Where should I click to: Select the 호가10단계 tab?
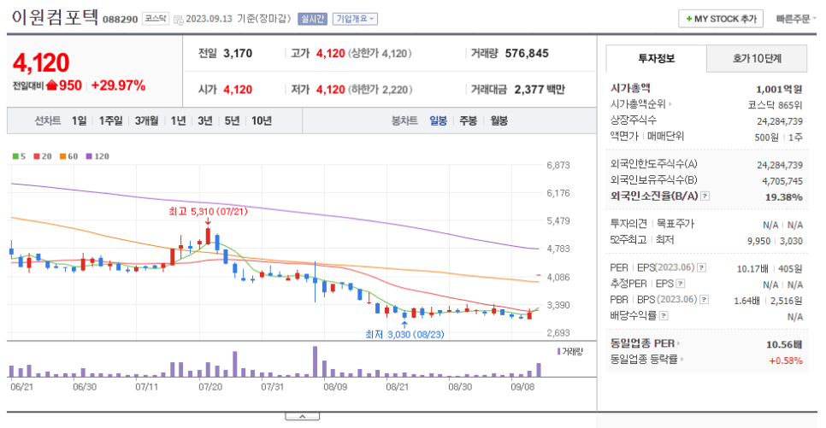(x=757, y=59)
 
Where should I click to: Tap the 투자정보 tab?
(x=656, y=59)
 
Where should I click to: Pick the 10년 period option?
(x=262, y=120)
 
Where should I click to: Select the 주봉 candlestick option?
(x=468, y=120)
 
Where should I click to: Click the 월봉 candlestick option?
(x=498, y=120)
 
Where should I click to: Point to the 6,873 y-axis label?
(x=558, y=165)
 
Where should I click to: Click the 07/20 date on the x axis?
(x=210, y=386)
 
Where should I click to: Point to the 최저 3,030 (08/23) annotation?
(x=406, y=335)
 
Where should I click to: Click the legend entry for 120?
(x=97, y=156)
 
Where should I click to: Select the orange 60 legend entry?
(x=68, y=156)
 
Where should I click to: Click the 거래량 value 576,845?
(x=527, y=53)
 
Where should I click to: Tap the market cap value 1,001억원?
(x=779, y=88)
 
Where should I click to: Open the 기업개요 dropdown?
(x=355, y=19)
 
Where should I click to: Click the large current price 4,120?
(x=41, y=62)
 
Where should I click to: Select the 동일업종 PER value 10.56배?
(x=784, y=344)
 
